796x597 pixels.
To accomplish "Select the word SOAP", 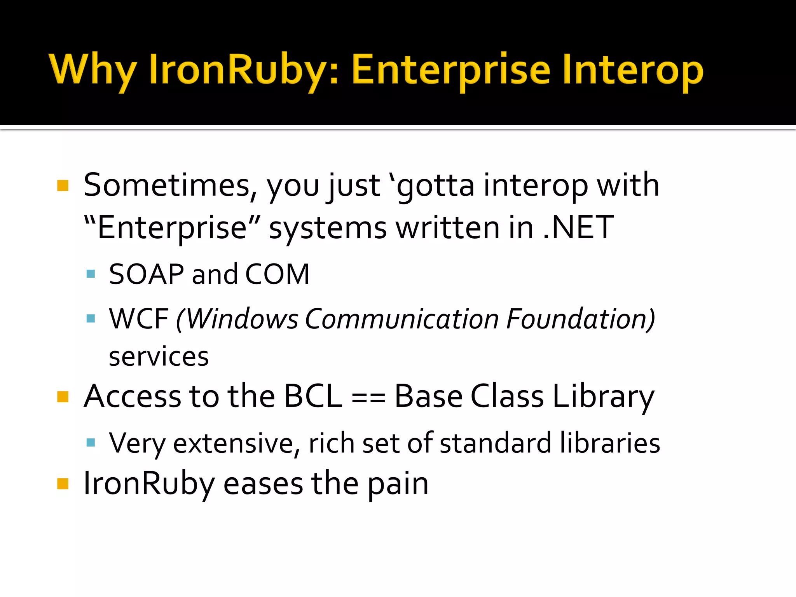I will pyautogui.click(x=146, y=274).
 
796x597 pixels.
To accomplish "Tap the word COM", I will pyautogui.click(x=277, y=274).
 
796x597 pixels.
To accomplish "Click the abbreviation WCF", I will pyautogui.click(x=139, y=319).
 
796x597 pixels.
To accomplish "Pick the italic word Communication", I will pyautogui.click(x=401, y=319).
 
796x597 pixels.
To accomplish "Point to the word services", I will pyautogui.click(x=159, y=357).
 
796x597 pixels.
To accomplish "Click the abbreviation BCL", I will pyautogui.click(x=313, y=397).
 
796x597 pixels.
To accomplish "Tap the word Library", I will pyautogui.click(x=603, y=397).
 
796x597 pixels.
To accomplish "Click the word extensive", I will pyautogui.click(x=233, y=443).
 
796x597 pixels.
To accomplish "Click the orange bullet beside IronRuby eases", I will pyautogui.click(x=63, y=484).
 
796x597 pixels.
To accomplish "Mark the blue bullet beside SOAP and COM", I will pyautogui.click(x=91, y=274).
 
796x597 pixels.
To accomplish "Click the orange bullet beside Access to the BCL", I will pyautogui.click(x=63, y=397).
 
